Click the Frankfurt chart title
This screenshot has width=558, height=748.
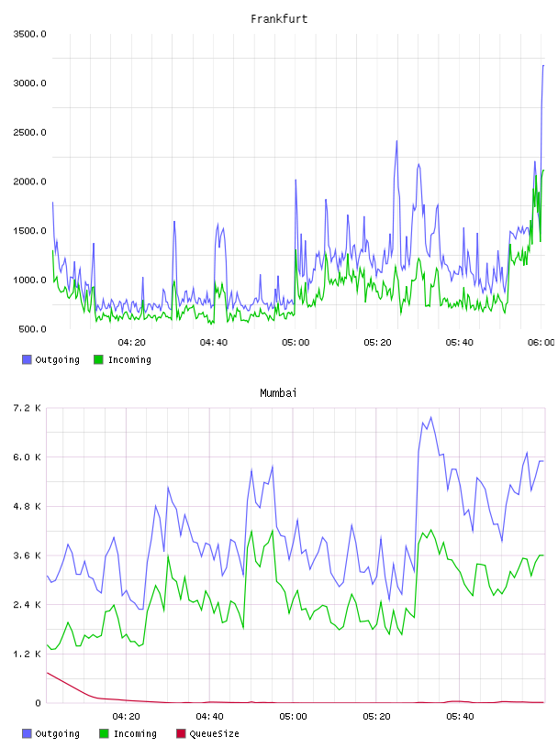pyautogui.click(x=279, y=19)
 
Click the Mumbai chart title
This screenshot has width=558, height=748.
pyautogui.click(x=278, y=393)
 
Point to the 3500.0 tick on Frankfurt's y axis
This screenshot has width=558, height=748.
pyautogui.click(x=29, y=34)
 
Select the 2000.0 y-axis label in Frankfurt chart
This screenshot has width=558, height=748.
pyautogui.click(x=29, y=181)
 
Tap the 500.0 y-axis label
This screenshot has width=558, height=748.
pyautogui.click(x=32, y=329)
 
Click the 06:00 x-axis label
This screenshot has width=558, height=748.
pyautogui.click(x=541, y=343)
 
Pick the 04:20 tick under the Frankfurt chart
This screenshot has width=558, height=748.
pyautogui.click(x=132, y=343)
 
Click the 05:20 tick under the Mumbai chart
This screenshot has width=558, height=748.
pyautogui.click(x=376, y=717)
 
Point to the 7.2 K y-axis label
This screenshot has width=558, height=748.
pyautogui.click(x=27, y=408)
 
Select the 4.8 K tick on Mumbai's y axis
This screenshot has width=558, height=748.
pyautogui.click(x=27, y=506)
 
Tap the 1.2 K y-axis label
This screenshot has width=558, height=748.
pyautogui.click(x=27, y=654)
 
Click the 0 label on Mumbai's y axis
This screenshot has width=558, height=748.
pyautogui.click(x=38, y=703)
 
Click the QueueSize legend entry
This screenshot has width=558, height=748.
pyautogui.click(x=214, y=733)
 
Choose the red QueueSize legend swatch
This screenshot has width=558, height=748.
pyautogui.click(x=181, y=733)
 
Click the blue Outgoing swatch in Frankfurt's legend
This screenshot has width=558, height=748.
pyautogui.click(x=27, y=359)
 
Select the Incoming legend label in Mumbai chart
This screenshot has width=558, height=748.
pyautogui.click(x=135, y=733)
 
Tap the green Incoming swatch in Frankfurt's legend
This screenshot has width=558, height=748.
pyautogui.click(x=98, y=359)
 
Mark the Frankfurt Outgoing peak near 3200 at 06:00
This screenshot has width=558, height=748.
pyautogui.click(x=543, y=65)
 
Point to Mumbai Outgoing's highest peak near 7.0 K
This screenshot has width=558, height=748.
pyautogui.click(x=431, y=417)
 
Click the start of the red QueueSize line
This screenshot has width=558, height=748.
pyautogui.click(x=47, y=673)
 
